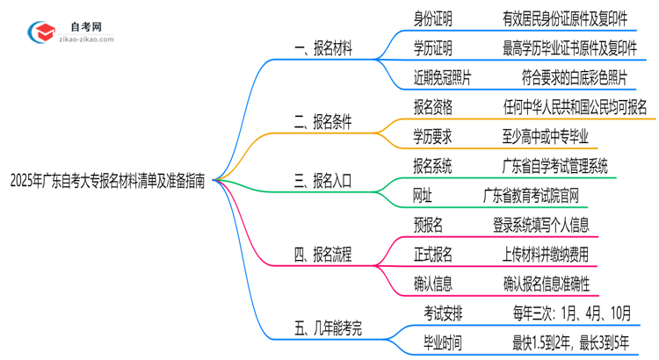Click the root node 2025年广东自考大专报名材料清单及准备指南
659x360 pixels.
tap(107, 182)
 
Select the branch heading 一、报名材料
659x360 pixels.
tap(322, 49)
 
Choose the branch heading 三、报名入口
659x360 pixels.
tap(322, 182)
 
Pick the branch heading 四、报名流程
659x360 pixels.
tap(322, 256)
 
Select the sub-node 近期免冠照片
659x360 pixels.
tap(442, 77)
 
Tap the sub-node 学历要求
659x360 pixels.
tap(434, 136)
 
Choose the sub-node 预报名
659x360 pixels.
tap(428, 225)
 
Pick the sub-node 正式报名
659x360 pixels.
tap(434, 255)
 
